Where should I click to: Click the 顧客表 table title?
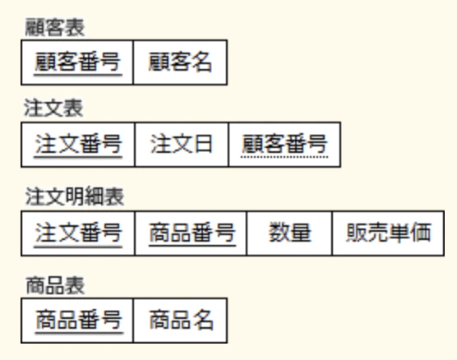point(55,27)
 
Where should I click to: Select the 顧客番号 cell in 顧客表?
point(77,62)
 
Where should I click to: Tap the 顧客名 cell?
point(180,62)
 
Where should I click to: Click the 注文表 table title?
point(53,108)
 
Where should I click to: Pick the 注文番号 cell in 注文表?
point(78,145)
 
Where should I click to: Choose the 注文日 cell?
point(182,145)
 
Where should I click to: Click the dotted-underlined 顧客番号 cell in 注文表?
point(284,145)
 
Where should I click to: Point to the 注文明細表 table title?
point(75,196)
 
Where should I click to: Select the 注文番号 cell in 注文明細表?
point(78,233)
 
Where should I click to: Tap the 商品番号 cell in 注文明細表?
point(191,233)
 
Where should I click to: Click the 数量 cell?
point(289,233)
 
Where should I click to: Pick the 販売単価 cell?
point(388,233)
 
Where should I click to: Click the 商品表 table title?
point(55,285)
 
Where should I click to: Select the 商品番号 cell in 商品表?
point(77,321)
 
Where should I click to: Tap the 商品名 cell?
point(180,321)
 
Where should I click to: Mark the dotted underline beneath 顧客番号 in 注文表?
point(284,158)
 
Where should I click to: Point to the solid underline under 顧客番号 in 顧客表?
point(78,75)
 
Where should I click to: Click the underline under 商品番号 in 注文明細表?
point(192,246)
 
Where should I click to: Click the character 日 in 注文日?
point(202,144)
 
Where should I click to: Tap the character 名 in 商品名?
point(203,320)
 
